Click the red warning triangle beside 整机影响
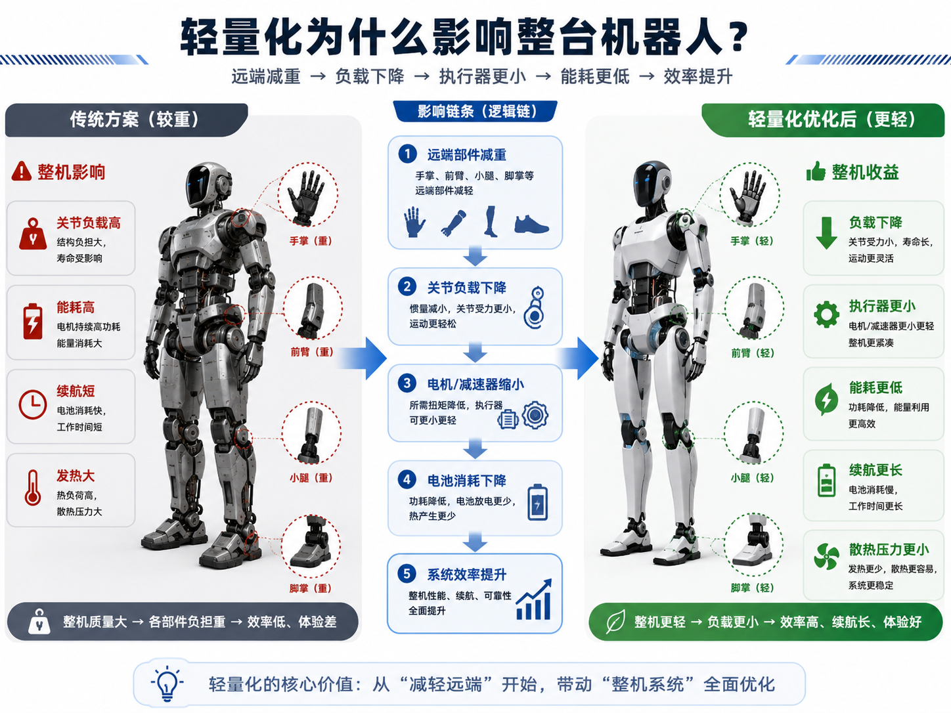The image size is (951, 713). (21, 171)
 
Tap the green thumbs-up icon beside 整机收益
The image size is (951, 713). (816, 171)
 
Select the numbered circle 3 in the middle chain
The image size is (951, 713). (407, 383)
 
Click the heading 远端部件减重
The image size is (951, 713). (466, 154)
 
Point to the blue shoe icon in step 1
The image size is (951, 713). (531, 225)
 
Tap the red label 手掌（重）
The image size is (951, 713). (311, 241)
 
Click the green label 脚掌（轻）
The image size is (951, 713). (752, 588)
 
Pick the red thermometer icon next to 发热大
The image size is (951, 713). (32, 488)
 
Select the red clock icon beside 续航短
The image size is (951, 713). (32, 404)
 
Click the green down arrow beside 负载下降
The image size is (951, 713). (826, 233)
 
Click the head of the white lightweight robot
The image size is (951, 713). (651, 184)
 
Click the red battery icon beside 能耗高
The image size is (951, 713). (32, 321)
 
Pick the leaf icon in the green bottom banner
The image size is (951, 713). (615, 622)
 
